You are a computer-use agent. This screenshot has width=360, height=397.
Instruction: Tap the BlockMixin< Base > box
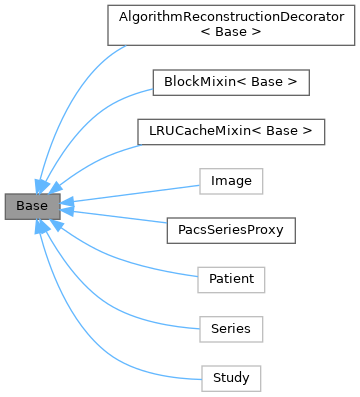(229, 80)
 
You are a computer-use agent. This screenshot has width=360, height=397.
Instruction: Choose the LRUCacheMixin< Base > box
(229, 131)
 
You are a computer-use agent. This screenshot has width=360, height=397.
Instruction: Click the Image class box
(231, 181)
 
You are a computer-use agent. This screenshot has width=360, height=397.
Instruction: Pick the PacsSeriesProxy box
(230, 230)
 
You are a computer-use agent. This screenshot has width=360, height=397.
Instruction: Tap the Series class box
(231, 328)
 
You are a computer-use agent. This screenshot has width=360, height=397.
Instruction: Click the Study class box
(231, 378)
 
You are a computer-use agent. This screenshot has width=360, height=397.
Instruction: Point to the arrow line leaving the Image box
(130, 194)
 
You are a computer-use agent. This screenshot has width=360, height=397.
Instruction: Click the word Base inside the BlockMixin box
(271, 80)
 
